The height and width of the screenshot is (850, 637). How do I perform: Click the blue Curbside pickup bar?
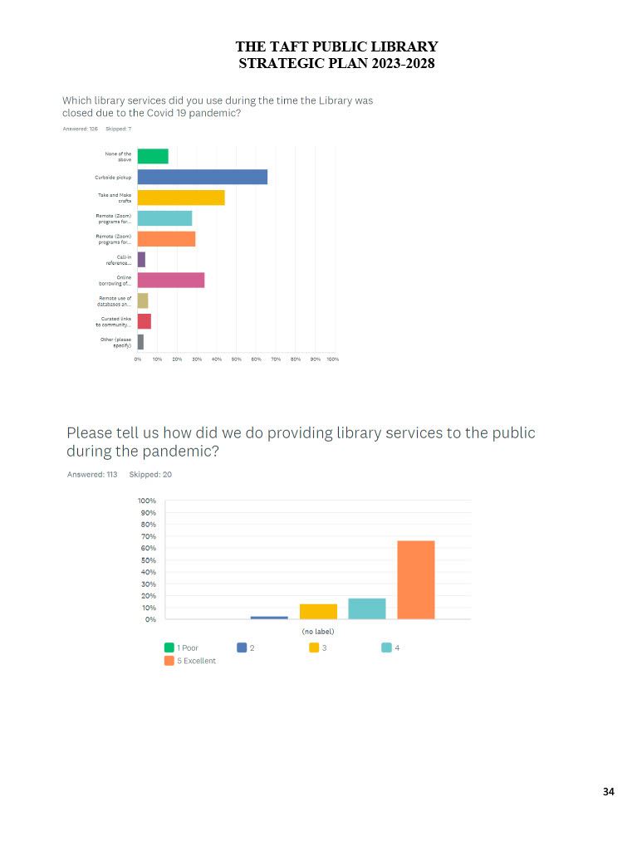click(x=202, y=177)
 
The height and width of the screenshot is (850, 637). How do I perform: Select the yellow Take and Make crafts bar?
click(x=180, y=198)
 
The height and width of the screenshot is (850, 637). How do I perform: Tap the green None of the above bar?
click(x=153, y=156)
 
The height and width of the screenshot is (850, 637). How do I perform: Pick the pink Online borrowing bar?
click(x=170, y=281)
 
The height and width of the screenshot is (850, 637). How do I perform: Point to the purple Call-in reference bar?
click(x=141, y=260)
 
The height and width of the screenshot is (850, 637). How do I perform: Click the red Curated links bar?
click(x=144, y=321)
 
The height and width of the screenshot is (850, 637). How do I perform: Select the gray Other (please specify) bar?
click(x=140, y=342)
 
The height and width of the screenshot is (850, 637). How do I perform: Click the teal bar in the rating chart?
click(x=366, y=608)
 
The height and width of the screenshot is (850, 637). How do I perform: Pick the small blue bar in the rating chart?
click(x=269, y=618)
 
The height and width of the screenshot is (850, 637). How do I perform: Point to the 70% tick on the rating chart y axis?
click(x=146, y=536)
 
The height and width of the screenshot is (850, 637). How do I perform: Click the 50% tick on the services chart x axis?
click(x=236, y=359)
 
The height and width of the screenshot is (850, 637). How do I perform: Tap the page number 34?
click(x=609, y=792)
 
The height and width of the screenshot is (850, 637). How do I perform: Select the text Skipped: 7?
click(x=118, y=129)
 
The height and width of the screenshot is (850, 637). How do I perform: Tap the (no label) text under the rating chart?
click(x=318, y=632)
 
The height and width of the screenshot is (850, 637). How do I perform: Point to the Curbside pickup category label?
click(x=113, y=177)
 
